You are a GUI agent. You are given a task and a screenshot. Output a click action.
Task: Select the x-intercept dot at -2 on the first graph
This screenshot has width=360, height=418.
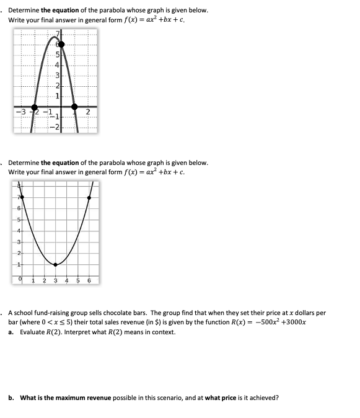[35, 107]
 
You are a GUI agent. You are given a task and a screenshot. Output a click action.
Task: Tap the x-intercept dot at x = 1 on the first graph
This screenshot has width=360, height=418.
[74, 107]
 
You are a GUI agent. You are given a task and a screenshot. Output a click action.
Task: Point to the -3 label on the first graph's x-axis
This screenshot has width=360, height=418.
[21, 112]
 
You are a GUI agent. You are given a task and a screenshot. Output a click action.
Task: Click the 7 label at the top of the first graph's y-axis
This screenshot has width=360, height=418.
[59, 33]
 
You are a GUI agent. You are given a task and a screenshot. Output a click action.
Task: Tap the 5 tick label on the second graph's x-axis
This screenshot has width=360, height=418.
[77, 280]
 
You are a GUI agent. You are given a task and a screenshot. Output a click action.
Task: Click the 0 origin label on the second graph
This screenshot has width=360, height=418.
[21, 280]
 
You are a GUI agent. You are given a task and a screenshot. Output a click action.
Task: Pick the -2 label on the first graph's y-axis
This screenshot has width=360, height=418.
[56, 127]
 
